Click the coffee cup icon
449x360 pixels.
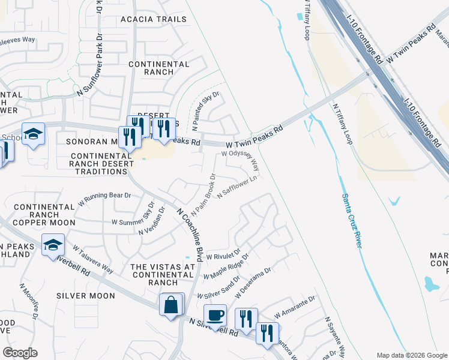click(215, 314)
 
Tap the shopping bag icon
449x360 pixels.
click(171, 304)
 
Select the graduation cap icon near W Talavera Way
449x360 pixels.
click(53, 245)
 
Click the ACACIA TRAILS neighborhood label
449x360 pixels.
click(154, 19)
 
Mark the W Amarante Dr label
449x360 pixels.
click(294, 307)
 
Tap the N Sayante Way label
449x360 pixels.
click(335, 338)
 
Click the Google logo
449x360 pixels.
click(20, 353)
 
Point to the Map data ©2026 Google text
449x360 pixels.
click(411, 355)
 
